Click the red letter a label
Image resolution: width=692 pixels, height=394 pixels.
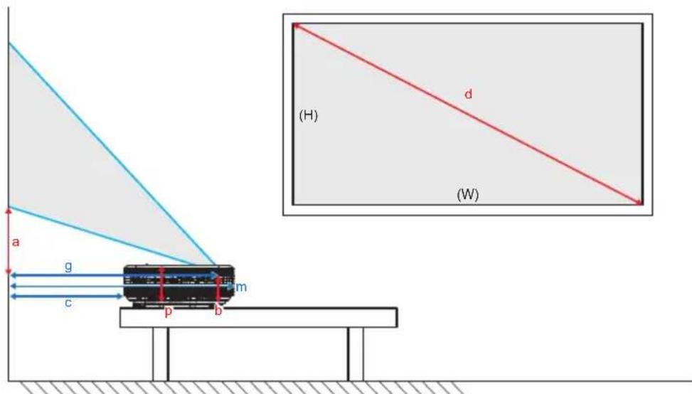click(x=16, y=243)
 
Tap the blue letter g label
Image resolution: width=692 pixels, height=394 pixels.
click(x=68, y=265)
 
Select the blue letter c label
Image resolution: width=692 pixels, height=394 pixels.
click(x=68, y=304)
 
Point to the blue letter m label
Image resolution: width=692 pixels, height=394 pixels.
click(x=242, y=286)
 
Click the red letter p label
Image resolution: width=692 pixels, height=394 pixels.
click(x=169, y=312)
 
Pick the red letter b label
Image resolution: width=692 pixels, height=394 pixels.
click(x=218, y=312)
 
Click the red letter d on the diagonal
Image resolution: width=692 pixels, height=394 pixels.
click(x=468, y=93)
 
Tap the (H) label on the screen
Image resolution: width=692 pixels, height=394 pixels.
click(x=308, y=117)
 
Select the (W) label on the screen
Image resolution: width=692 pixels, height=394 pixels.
click(x=467, y=194)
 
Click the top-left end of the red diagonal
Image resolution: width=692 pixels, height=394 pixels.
click(x=296, y=26)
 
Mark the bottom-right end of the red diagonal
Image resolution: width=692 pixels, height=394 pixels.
click(x=639, y=203)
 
